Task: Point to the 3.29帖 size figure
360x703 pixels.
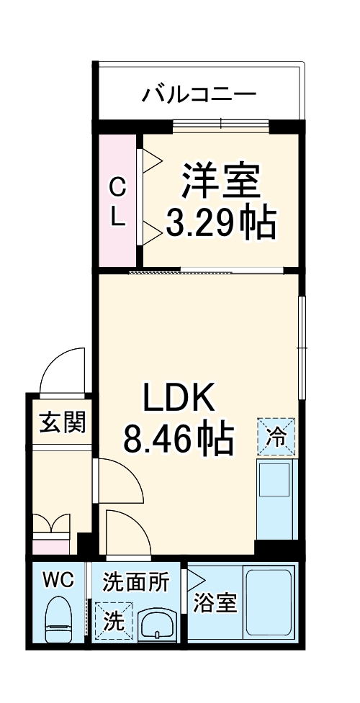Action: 220,224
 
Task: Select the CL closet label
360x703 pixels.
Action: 117,203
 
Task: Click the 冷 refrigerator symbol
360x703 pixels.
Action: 277,436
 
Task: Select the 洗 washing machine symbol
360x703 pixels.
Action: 112,621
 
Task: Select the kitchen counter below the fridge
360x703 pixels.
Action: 277,496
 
